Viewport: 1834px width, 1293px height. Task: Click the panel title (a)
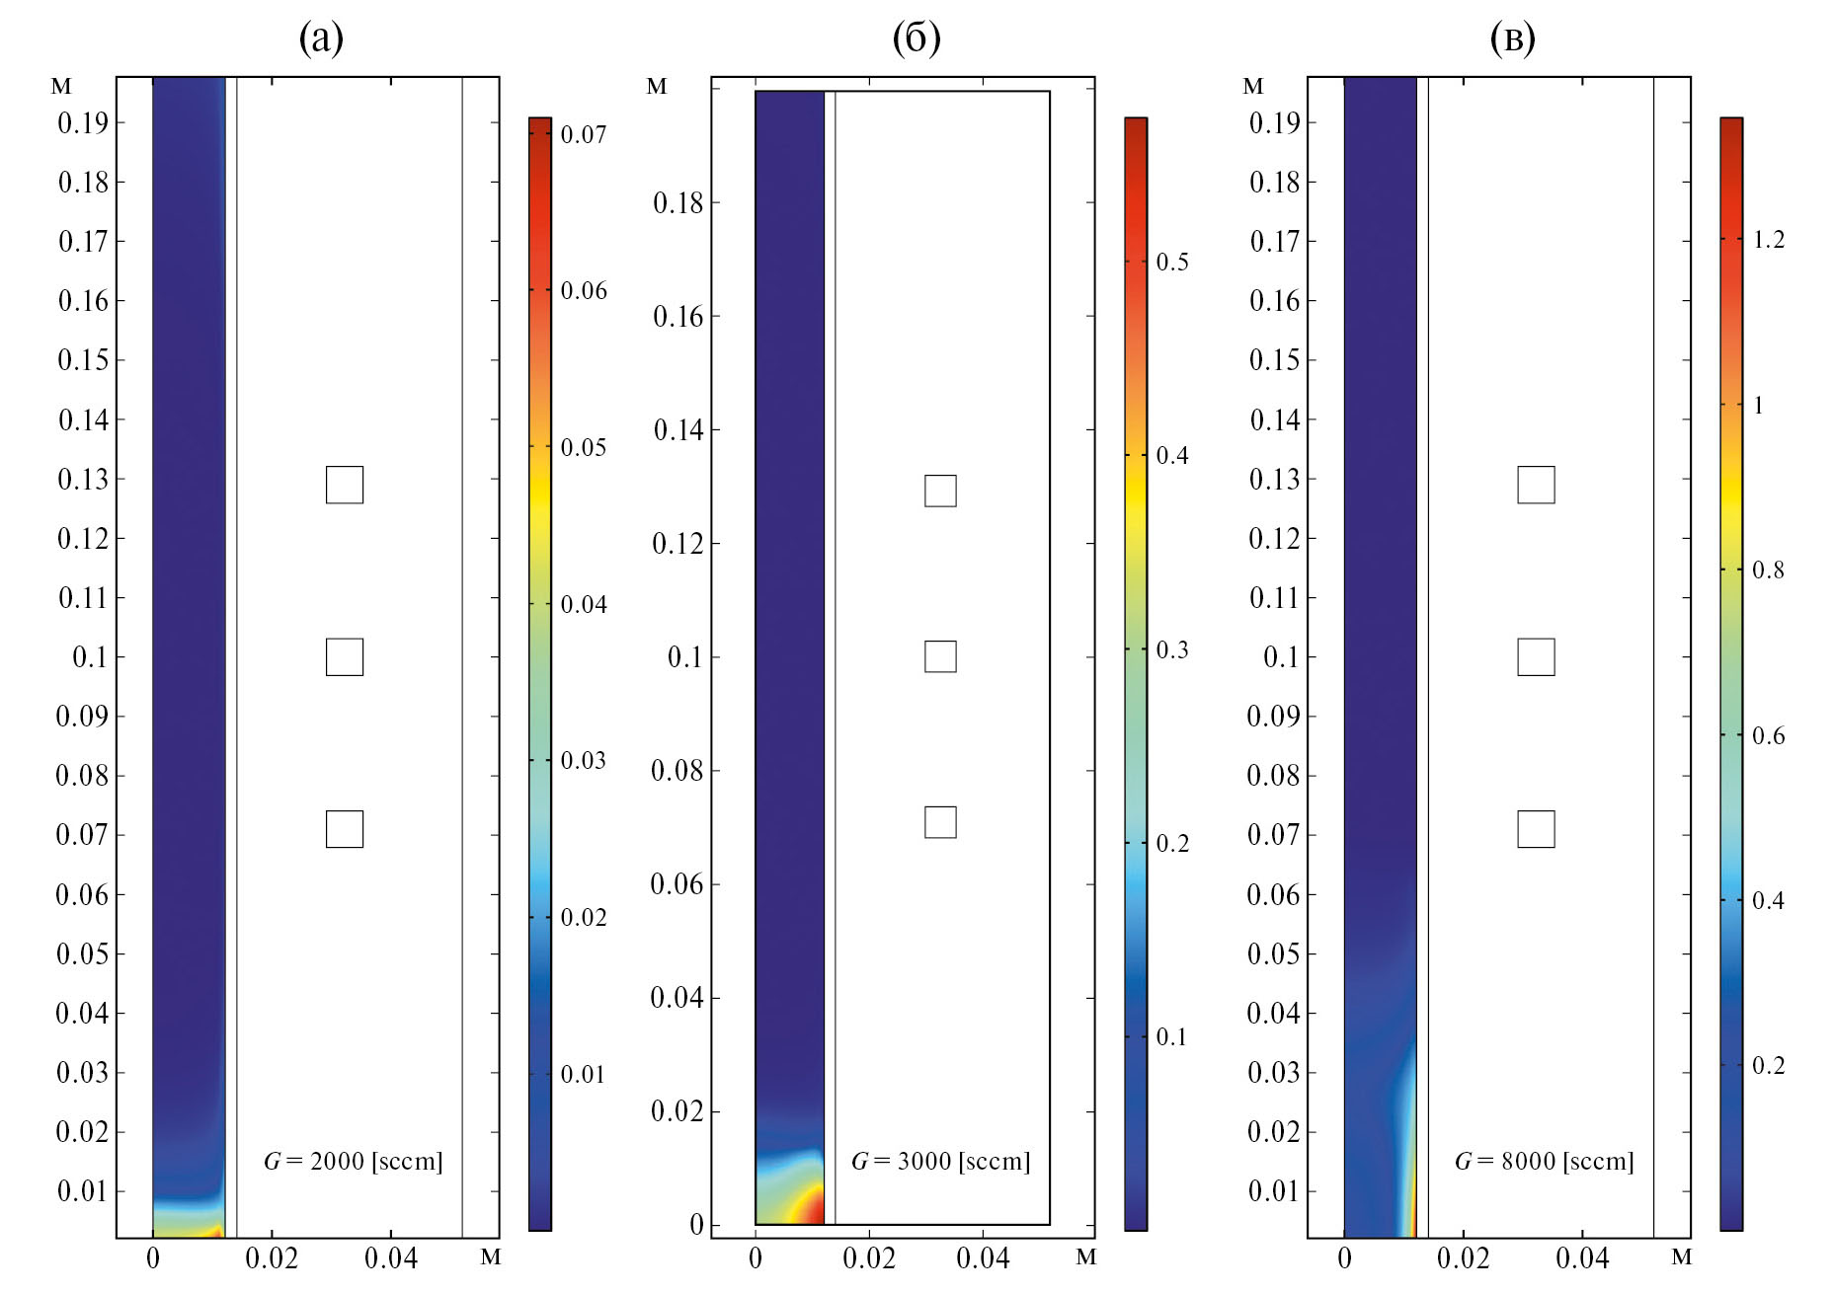point(321,38)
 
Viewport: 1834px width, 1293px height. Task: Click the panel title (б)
point(917,38)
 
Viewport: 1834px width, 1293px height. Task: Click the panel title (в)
point(1512,38)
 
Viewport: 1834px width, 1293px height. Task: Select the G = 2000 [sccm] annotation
point(353,1161)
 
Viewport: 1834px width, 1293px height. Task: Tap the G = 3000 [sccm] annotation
point(940,1161)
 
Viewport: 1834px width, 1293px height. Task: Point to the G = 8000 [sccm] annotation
point(1544,1161)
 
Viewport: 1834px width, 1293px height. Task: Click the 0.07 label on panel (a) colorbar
point(584,134)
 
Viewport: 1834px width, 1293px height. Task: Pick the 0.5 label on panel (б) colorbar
point(1172,263)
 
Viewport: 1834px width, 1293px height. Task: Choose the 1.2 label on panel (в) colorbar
point(1768,240)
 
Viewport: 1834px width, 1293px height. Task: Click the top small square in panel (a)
point(345,485)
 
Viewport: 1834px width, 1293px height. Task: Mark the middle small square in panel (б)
point(940,656)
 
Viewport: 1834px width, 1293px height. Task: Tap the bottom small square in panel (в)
point(1536,829)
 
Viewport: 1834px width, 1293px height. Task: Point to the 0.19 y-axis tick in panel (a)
point(83,123)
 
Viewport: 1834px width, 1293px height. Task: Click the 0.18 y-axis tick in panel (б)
point(678,203)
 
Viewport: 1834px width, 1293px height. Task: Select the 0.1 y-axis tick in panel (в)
point(1281,657)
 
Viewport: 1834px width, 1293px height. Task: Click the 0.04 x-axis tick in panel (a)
point(391,1258)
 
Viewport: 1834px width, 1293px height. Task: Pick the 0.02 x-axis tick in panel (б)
point(869,1258)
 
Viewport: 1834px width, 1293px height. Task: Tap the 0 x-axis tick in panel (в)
point(1344,1258)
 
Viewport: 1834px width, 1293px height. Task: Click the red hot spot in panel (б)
point(812,1207)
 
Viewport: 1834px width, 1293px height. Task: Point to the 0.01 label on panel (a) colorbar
point(584,1075)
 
